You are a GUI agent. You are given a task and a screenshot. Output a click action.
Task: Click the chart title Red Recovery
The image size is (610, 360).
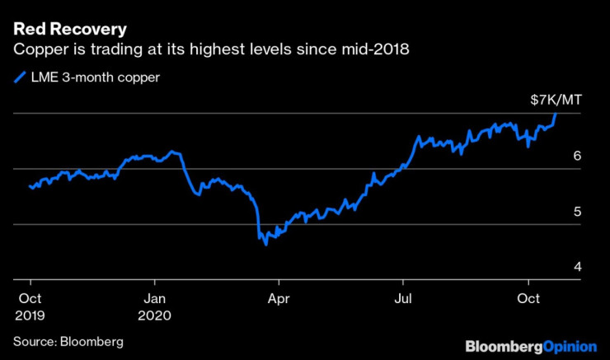(64, 30)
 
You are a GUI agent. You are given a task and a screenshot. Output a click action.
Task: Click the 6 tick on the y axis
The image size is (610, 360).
(578, 156)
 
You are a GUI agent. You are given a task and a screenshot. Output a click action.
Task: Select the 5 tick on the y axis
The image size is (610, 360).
(578, 212)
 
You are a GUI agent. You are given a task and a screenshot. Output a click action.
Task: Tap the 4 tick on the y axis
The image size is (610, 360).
(578, 267)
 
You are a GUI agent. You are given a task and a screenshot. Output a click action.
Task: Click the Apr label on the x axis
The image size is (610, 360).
(280, 297)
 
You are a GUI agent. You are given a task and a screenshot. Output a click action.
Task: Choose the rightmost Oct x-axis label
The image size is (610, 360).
(529, 297)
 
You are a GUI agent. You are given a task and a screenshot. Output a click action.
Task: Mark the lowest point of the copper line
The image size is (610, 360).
(265, 245)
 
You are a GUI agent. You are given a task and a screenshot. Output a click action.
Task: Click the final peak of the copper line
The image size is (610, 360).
(556, 114)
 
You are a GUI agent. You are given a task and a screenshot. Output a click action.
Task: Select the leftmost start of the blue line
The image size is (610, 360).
(30, 186)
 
